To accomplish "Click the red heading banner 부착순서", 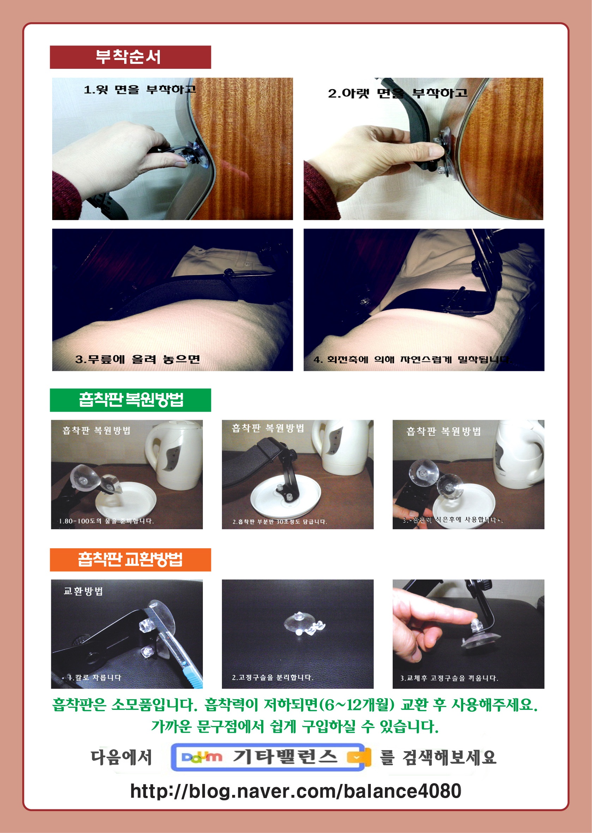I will (130, 57).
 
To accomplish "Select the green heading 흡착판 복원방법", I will (130, 400).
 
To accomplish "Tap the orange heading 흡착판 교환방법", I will (130, 560).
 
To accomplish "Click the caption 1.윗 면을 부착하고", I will (140, 90).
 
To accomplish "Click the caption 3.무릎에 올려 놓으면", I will (138, 360).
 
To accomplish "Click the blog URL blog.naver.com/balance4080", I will (296, 791).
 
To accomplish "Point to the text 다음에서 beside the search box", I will (121, 757).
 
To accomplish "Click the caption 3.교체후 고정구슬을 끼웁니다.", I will (449, 678).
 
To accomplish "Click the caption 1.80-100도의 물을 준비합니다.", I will (106, 521).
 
